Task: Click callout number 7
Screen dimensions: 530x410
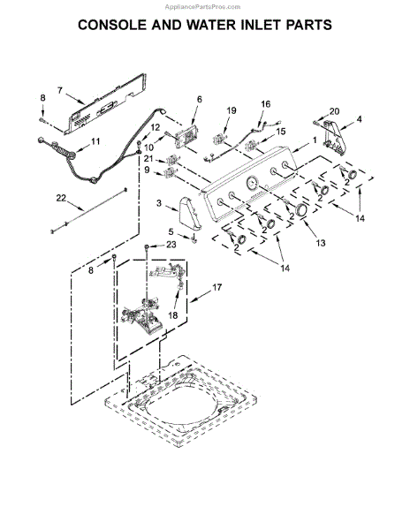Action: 60,90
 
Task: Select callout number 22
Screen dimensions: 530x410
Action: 61,197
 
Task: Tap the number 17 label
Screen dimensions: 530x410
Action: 217,287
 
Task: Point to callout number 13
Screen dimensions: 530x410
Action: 320,241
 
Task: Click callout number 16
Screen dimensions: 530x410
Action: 265,104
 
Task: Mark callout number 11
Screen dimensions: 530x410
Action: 96,141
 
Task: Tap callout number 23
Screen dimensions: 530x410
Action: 171,244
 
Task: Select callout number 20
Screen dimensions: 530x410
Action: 333,110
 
